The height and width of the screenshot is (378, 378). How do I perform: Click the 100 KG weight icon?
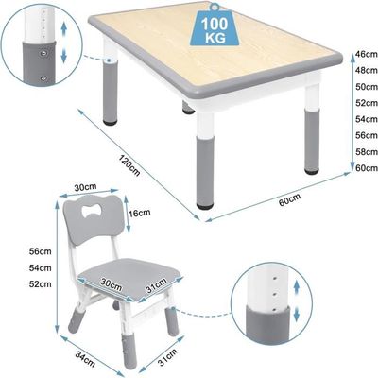coord(215,26)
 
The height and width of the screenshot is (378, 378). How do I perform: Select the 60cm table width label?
coord(289,199)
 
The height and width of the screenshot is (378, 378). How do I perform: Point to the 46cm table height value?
coord(367,54)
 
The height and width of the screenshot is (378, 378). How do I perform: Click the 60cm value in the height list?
coord(367,168)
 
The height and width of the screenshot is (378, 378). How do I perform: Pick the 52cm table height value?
coord(367,103)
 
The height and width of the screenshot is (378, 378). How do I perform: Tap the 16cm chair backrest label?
coord(140,213)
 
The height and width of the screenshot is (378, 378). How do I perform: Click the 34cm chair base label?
coord(85,358)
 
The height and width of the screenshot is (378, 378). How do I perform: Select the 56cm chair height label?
coord(40,251)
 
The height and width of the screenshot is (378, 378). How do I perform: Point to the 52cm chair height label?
coord(40,284)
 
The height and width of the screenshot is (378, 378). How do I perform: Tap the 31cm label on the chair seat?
coord(156,286)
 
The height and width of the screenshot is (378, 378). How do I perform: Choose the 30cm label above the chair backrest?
coord(85,187)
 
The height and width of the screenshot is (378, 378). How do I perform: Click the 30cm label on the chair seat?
coord(112,284)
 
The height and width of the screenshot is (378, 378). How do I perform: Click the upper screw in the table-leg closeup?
coord(43,53)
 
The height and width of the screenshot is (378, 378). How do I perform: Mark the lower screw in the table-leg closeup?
coord(43,77)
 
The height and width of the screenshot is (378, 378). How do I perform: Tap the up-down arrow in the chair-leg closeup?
coord(296,301)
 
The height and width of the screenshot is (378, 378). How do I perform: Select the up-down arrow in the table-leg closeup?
coord(64,43)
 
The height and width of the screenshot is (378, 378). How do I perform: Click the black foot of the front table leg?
coord(204,207)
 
